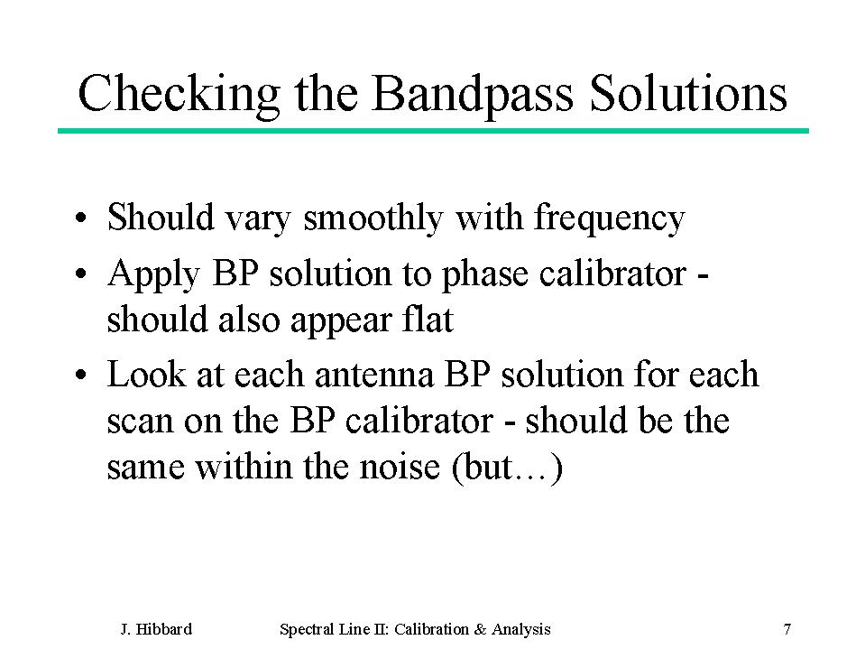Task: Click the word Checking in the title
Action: tap(179, 94)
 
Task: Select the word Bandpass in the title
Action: tap(473, 94)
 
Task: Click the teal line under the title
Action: tap(433, 131)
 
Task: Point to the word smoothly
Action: tap(373, 218)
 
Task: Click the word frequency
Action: tap(610, 218)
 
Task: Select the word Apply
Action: tap(153, 274)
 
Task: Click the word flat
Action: tap(428, 319)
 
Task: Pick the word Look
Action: tap(146, 375)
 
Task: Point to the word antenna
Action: tap(374, 375)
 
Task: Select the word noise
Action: tap(400, 467)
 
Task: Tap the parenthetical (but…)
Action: tap(507, 468)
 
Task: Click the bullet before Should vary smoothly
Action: tap(81, 218)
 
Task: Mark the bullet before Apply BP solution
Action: tap(81, 274)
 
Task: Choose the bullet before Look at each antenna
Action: tap(81, 375)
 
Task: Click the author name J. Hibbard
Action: tap(156, 629)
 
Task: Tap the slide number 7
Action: tap(787, 629)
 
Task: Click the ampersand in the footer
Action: tap(479, 629)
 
